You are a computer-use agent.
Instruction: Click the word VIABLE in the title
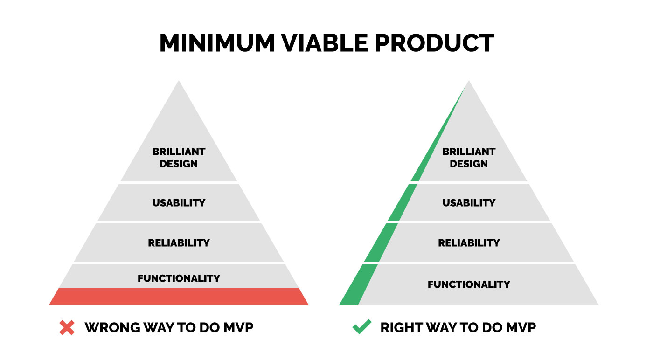324,43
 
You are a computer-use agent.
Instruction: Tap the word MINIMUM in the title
217,43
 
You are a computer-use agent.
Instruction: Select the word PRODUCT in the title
434,43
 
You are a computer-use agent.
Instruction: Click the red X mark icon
67,328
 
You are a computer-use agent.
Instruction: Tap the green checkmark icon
362,327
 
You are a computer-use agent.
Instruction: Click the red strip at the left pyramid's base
179,297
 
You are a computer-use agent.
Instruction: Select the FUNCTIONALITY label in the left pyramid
179,278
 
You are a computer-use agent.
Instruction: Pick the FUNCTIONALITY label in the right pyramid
469,284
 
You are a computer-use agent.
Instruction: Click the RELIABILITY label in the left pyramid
179,243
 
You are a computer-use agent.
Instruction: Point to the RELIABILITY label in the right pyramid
469,243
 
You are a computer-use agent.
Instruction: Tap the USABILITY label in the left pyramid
179,202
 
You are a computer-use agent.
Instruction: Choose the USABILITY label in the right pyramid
469,202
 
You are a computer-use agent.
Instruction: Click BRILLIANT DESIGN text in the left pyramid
179,158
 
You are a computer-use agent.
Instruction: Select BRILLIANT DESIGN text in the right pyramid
469,158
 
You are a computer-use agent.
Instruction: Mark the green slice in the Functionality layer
358,285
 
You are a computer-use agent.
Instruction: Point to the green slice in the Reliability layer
381,242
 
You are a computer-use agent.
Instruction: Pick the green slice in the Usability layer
403,202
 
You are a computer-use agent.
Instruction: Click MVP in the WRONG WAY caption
238,328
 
